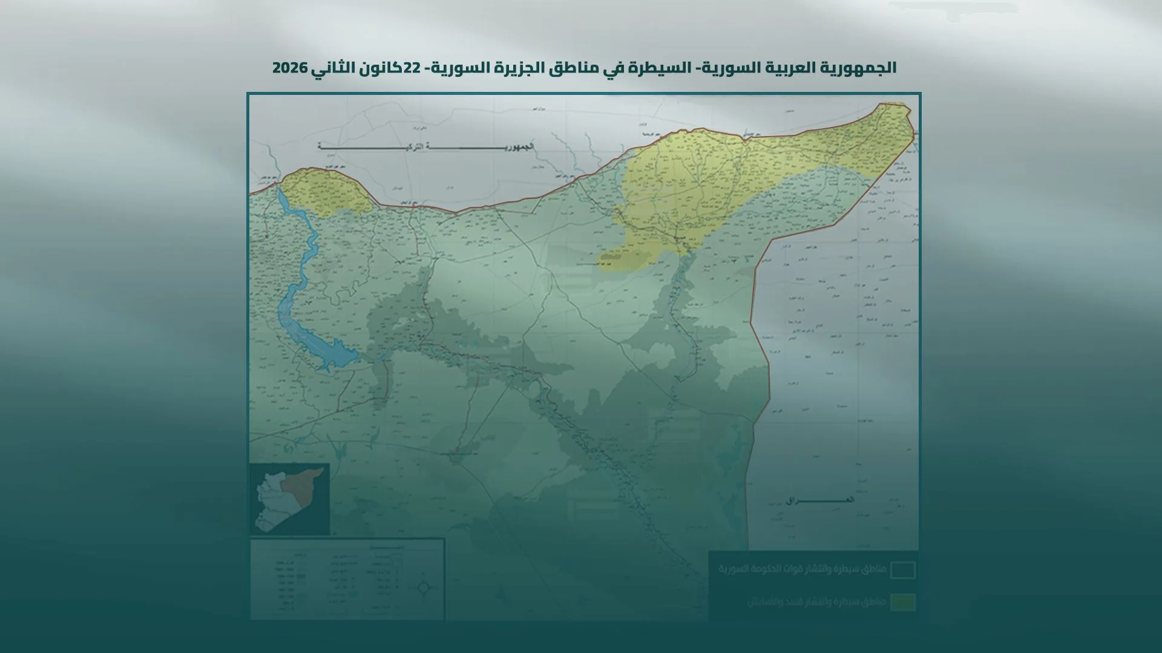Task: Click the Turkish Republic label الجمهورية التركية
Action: pyautogui.click(x=427, y=147)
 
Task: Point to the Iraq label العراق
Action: pyautogui.click(x=820, y=501)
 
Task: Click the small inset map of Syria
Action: pyautogui.click(x=289, y=499)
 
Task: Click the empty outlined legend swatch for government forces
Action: pyautogui.click(x=903, y=570)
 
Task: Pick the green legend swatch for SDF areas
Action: pyautogui.click(x=903, y=602)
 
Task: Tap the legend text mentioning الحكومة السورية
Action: pyautogui.click(x=802, y=570)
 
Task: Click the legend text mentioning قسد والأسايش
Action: pyautogui.click(x=816, y=602)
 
